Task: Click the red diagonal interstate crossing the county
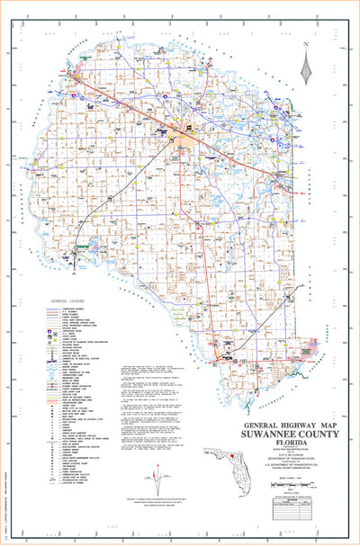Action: point(135,107)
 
